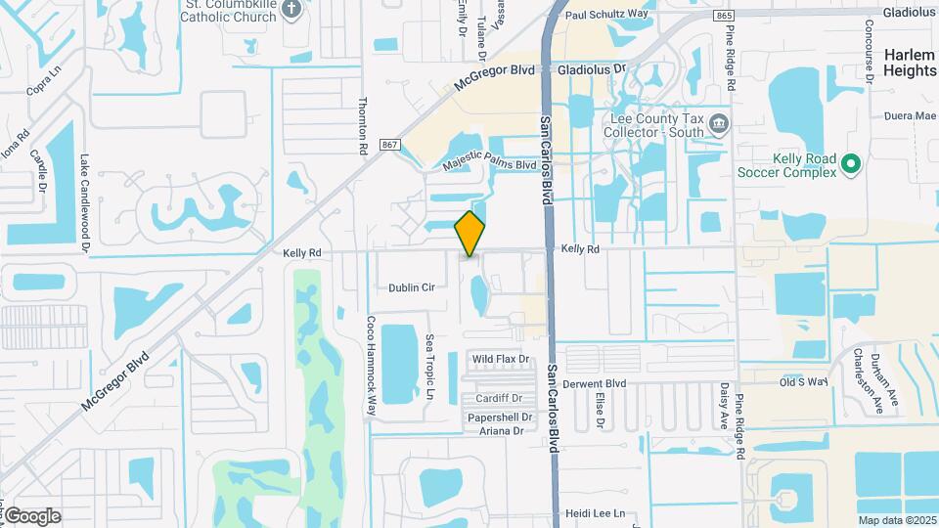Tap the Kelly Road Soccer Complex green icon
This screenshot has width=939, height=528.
coord(851,162)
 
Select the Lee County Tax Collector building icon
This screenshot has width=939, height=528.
coord(720,123)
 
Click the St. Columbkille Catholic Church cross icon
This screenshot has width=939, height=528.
coord(291,10)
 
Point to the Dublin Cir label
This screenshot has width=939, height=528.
coord(411,287)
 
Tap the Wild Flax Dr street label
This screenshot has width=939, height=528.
coord(501,360)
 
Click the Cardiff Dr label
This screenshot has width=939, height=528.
coord(499,399)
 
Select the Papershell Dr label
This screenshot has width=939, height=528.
coord(499,418)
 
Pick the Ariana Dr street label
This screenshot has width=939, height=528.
coord(499,431)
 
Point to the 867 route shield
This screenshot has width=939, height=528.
coord(390,145)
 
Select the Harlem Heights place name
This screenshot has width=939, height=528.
coord(910,63)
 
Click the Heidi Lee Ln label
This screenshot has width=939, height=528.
coord(595,513)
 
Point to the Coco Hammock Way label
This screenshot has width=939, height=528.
coord(371,366)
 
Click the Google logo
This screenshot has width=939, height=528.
coord(32,516)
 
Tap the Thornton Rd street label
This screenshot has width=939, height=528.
coord(363,126)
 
